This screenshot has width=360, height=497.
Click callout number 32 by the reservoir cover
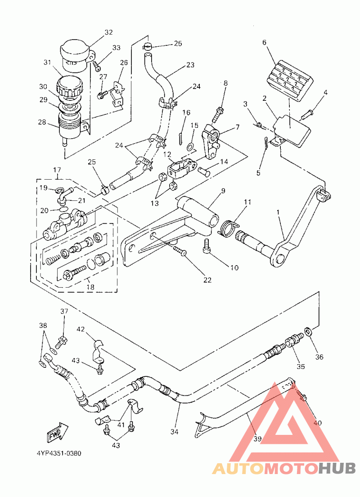tap(109, 32)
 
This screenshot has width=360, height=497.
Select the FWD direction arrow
tap(58, 431)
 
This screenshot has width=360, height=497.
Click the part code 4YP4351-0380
tap(59, 453)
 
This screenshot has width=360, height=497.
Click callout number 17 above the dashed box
tap(57, 170)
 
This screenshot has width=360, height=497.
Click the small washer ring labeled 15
tap(191, 146)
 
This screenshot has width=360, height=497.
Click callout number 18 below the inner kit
tap(90, 287)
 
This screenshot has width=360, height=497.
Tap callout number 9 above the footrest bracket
tap(223, 191)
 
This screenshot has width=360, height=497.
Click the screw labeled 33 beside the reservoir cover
tap(97, 66)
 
